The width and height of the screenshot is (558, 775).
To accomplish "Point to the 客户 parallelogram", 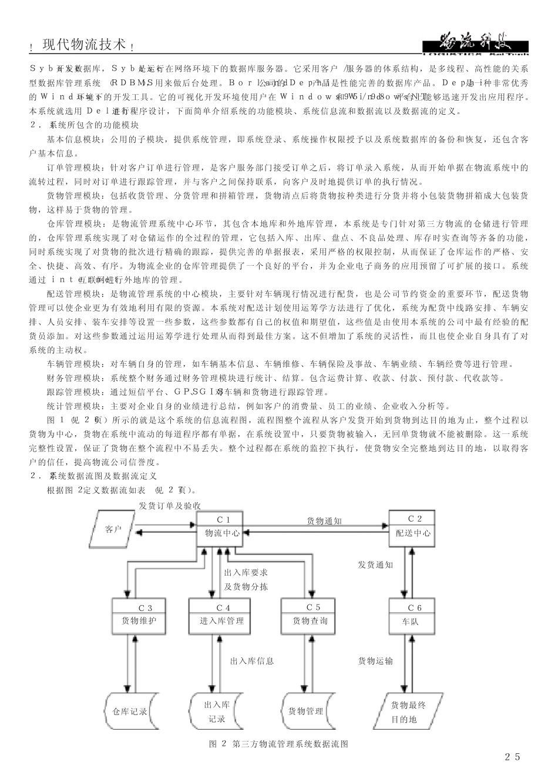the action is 112,529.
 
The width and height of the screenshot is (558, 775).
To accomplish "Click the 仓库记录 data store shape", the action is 129,711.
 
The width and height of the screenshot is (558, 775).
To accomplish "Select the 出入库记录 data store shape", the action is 215,711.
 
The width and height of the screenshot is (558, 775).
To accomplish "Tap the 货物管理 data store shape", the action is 306,711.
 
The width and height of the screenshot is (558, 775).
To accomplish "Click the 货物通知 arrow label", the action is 324,520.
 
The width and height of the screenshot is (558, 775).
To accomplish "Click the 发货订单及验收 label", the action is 170,505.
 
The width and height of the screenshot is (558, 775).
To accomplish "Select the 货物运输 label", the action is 375,661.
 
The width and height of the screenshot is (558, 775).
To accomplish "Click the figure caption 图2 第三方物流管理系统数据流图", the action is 279,744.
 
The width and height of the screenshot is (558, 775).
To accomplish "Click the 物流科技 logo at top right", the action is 475,45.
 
